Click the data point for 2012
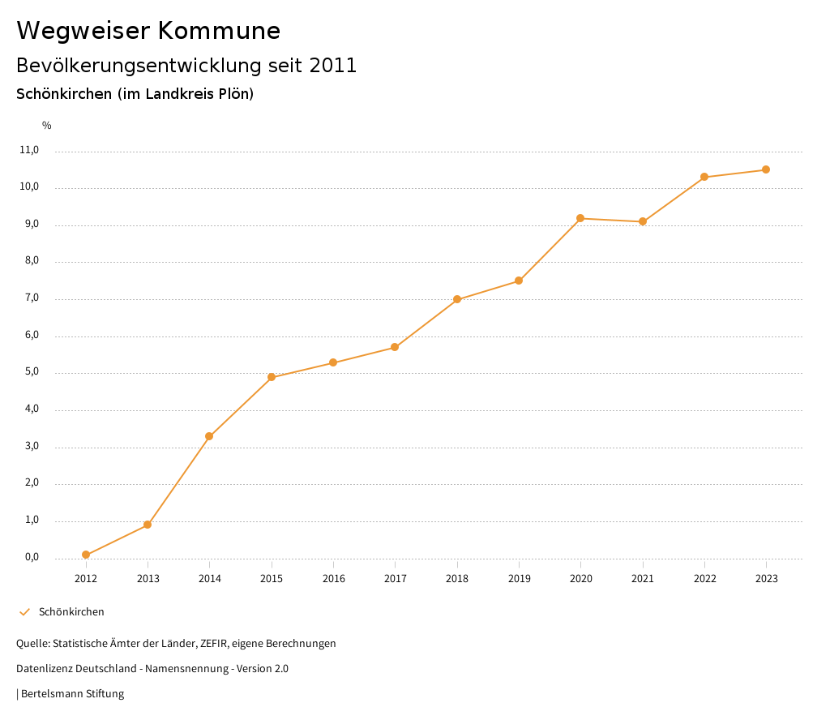[86, 555]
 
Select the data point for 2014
[209, 436]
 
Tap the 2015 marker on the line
[272, 377]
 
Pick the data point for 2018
[457, 299]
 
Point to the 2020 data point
[580, 218]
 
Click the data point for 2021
[643, 221]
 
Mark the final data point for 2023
[766, 169]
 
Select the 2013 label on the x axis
[148, 578]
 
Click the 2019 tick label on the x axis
[519, 578]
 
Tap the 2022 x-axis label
[704, 578]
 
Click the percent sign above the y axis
[47, 126]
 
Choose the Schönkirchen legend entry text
[71, 612]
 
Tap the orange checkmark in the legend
[24, 612]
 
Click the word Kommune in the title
[219, 31]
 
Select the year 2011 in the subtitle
[333, 66]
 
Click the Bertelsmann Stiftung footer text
[72, 694]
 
